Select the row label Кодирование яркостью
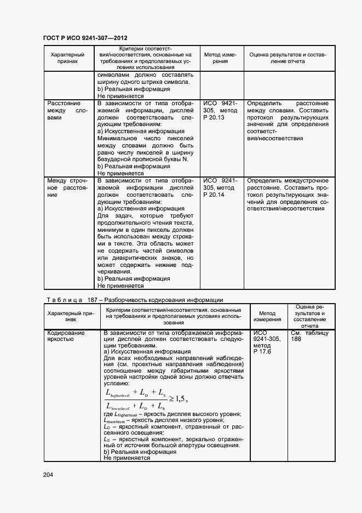66,336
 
